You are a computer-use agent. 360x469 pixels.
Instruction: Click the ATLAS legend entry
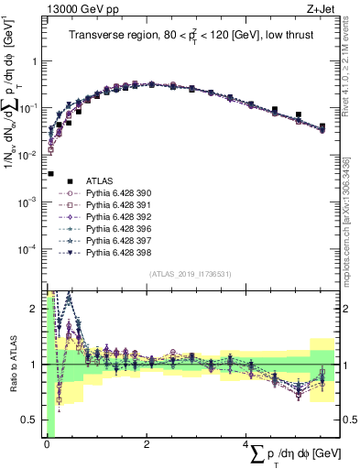pos(99,180)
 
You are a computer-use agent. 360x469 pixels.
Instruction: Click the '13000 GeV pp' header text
pos(75,10)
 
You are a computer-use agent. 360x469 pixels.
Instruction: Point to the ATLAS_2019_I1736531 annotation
pos(189,274)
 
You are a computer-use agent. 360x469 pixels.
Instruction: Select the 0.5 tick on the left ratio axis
pos(34,420)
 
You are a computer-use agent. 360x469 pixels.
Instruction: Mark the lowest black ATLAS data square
pos(50,173)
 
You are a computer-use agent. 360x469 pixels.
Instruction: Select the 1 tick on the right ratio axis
pos(345,365)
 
